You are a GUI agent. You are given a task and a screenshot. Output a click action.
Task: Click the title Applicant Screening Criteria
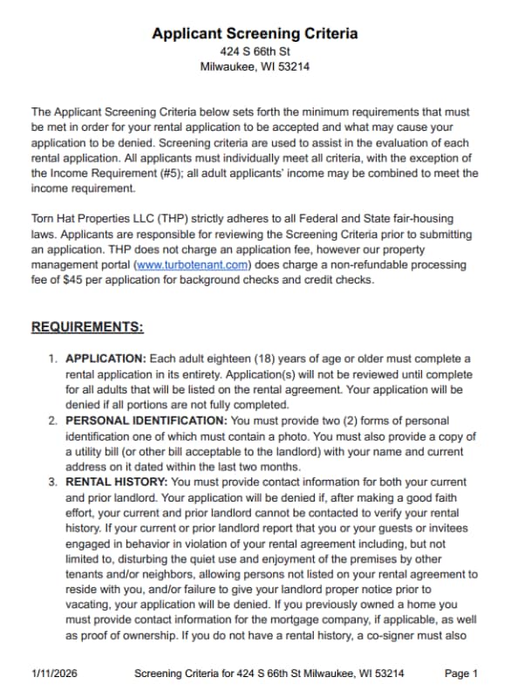click(255, 34)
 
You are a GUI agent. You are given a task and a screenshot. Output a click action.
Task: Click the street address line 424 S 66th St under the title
click(255, 51)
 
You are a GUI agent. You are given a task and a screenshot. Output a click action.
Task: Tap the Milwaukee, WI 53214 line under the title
click(255, 66)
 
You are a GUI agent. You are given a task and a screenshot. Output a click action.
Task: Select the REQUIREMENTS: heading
click(87, 328)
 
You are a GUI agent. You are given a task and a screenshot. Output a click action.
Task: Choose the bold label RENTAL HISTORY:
click(117, 481)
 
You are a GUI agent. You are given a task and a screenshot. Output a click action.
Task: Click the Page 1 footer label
click(461, 674)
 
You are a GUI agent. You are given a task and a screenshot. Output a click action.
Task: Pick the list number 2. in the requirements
click(53, 420)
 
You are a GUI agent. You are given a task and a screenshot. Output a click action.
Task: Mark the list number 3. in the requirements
click(53, 481)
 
